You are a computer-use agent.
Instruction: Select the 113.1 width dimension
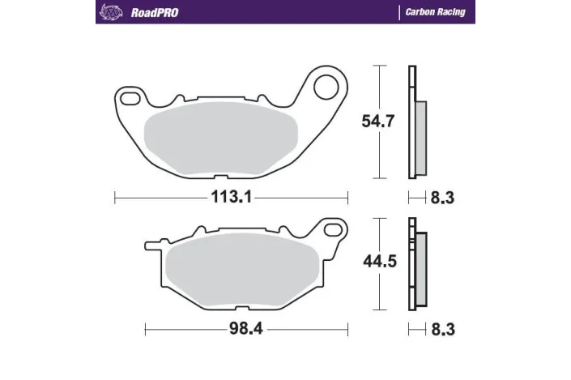tap(231, 195)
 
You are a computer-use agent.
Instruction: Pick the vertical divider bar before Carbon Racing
tap(399, 12)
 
